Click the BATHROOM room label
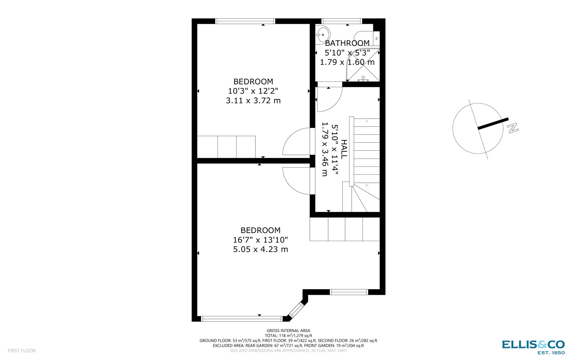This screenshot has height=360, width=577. (347, 43)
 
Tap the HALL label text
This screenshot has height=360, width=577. (344, 149)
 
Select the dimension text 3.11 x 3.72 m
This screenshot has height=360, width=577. (253, 101)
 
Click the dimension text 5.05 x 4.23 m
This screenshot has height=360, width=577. (260, 249)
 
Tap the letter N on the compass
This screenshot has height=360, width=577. (512, 128)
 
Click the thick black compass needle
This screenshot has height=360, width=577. (493, 123)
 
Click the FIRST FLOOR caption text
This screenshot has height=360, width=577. (22, 351)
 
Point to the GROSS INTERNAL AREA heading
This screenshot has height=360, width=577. (288, 330)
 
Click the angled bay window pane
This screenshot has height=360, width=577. (296, 309)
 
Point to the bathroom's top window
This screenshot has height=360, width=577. (342, 21)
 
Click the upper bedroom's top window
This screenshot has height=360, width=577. (245, 21)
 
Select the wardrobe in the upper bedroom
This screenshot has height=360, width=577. (226, 147)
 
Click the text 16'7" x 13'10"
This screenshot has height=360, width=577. (260, 240)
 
